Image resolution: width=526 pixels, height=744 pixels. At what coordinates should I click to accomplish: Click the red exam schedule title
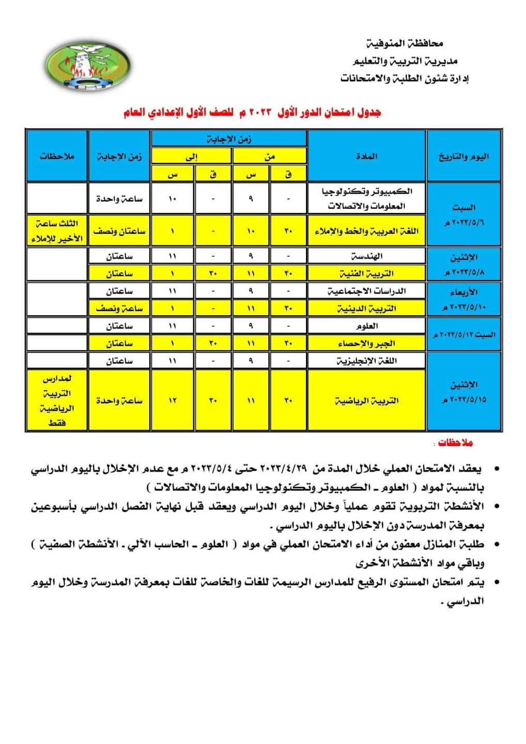[x=253, y=113]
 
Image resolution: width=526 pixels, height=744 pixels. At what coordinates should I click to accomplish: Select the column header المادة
[x=366, y=156]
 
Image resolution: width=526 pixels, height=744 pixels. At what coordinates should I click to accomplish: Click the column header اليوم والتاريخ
[x=463, y=156]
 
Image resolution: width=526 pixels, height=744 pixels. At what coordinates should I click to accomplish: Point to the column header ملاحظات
[x=57, y=156]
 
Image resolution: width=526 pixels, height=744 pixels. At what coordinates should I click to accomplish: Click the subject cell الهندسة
[x=366, y=256]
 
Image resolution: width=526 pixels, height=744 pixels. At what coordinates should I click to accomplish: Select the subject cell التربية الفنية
[x=366, y=273]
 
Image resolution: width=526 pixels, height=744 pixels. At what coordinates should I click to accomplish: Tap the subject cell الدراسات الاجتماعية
[x=366, y=291]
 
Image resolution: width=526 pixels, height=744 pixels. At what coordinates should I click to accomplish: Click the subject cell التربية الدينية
[x=366, y=308]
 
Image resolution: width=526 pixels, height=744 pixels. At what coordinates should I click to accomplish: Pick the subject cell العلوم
[x=366, y=326]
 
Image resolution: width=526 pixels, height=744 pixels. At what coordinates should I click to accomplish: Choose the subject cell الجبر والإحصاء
[x=366, y=344]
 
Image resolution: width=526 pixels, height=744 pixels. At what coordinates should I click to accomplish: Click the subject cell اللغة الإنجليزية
[x=366, y=361]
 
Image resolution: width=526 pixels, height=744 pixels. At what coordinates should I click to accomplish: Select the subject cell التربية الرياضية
[x=366, y=400]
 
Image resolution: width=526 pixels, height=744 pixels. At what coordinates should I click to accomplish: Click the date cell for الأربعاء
[x=463, y=300]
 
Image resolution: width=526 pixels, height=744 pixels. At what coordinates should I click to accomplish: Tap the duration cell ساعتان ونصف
[x=119, y=231]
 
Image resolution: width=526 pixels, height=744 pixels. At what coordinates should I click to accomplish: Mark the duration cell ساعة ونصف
[x=119, y=308]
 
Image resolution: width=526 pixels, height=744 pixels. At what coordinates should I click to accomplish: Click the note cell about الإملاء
[x=57, y=231]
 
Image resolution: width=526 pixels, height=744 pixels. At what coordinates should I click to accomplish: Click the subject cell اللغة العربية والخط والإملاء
[x=366, y=231]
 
